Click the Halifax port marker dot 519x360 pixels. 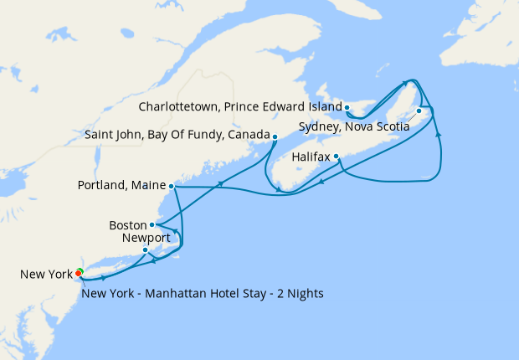337,157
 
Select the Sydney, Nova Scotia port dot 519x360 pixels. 419,111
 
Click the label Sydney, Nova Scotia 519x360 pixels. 354,127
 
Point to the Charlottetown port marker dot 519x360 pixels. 347,108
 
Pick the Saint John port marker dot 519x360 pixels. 275,136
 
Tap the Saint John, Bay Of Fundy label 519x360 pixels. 177,135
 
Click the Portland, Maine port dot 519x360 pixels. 171,186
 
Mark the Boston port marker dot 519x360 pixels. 152,224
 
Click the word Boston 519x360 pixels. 128,225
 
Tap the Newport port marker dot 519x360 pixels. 146,249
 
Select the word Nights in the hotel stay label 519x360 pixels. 304,293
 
